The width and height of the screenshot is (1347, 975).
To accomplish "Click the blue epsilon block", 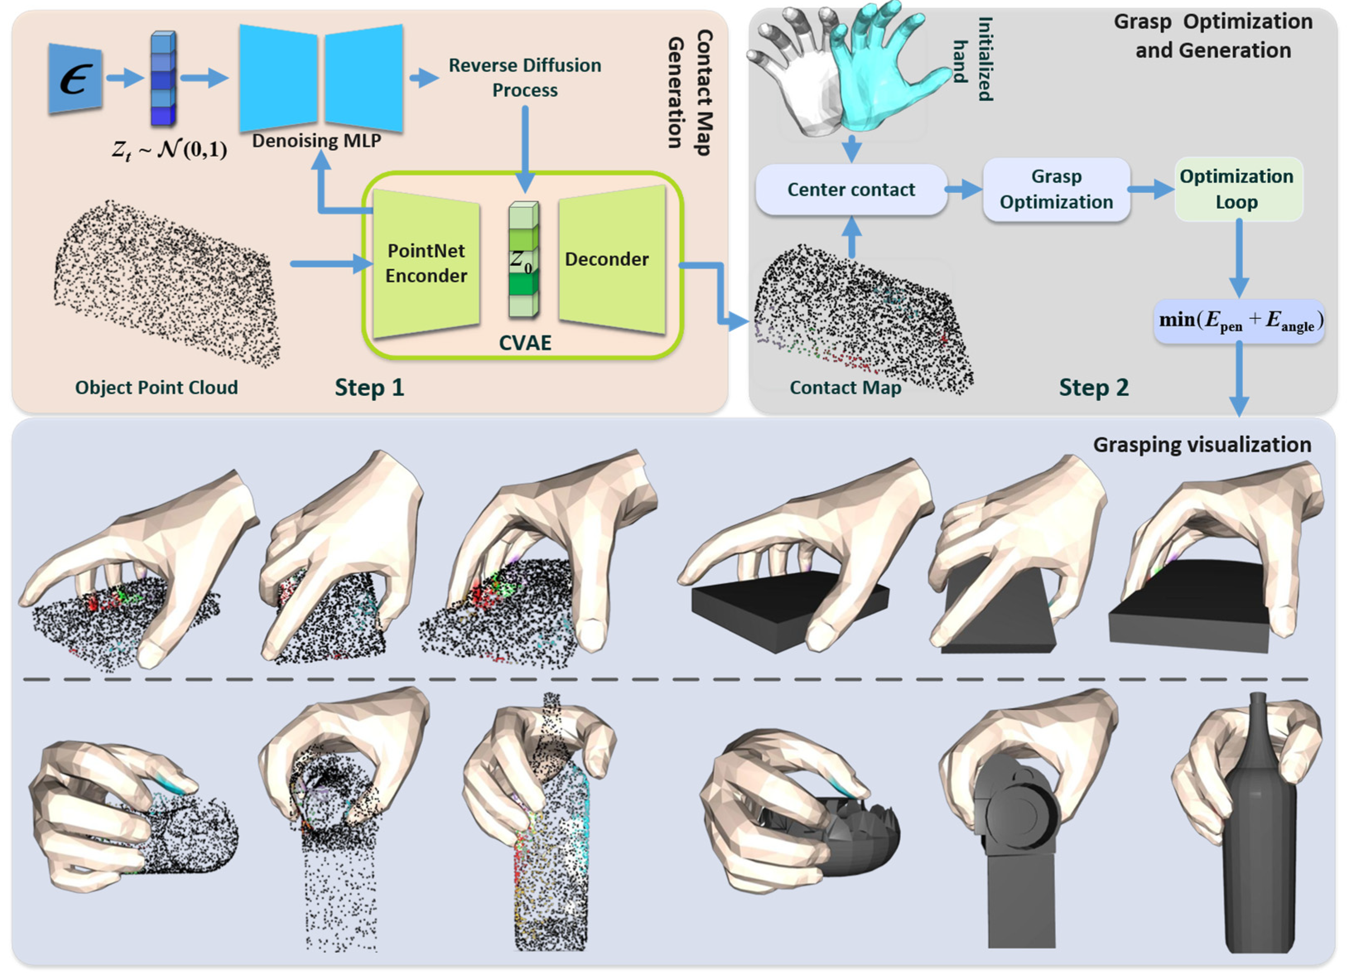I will click(75, 78).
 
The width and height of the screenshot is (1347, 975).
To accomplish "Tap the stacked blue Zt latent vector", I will click(163, 78).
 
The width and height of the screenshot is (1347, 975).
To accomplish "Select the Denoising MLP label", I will click(316, 141).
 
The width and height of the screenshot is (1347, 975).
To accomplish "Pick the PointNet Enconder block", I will click(426, 263).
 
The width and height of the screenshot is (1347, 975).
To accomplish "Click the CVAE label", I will click(525, 343).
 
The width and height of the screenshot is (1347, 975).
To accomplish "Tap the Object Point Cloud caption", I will click(156, 387).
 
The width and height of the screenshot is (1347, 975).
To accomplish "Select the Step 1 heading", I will click(369, 387).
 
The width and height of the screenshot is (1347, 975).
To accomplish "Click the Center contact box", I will click(851, 190).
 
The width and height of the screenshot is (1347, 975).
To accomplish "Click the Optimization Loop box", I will click(1238, 189).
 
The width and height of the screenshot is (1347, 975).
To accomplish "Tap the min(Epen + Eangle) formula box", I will click(1239, 321).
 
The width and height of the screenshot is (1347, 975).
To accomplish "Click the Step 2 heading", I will click(1094, 387).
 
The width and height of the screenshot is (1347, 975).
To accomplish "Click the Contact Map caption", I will click(845, 387).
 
